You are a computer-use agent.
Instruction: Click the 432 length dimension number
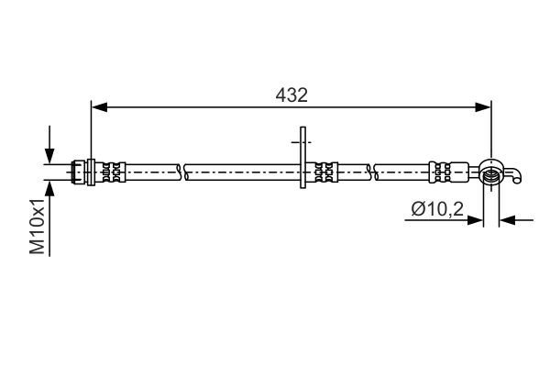[292, 95]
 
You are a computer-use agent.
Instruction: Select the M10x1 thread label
[38, 228]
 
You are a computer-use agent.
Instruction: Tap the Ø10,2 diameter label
[436, 211]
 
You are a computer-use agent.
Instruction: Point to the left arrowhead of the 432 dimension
[97, 107]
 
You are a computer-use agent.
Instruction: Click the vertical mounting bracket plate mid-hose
[302, 170]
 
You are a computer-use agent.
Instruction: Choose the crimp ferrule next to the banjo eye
[441, 170]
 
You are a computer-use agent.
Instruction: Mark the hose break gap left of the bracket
[183, 170]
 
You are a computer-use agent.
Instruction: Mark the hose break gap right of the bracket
[372, 170]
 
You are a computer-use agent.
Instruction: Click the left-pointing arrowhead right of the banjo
[507, 220]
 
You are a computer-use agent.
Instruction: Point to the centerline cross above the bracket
[302, 142]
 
